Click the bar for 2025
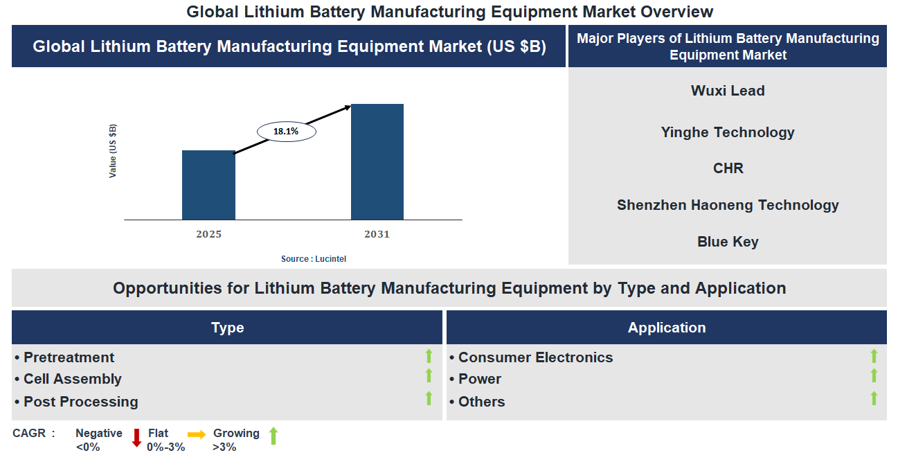click(x=208, y=185)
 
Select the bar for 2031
click(x=377, y=162)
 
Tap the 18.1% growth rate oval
click(x=286, y=131)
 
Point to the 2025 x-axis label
click(x=208, y=234)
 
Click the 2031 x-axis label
click(x=377, y=234)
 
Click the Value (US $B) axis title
click(x=113, y=151)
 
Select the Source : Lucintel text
click(x=313, y=258)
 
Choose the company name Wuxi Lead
click(x=727, y=91)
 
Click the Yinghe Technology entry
click(x=727, y=132)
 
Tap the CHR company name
click(x=727, y=168)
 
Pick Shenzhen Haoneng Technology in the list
click(x=727, y=205)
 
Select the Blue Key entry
click(x=727, y=242)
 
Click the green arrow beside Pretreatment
click(x=429, y=356)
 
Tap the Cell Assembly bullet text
click(x=72, y=379)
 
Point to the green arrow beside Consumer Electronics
click(x=874, y=356)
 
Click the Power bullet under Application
click(x=479, y=379)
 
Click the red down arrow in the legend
click(x=136, y=437)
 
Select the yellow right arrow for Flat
click(x=197, y=435)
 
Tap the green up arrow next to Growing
click(x=273, y=436)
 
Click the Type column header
click(x=227, y=328)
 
